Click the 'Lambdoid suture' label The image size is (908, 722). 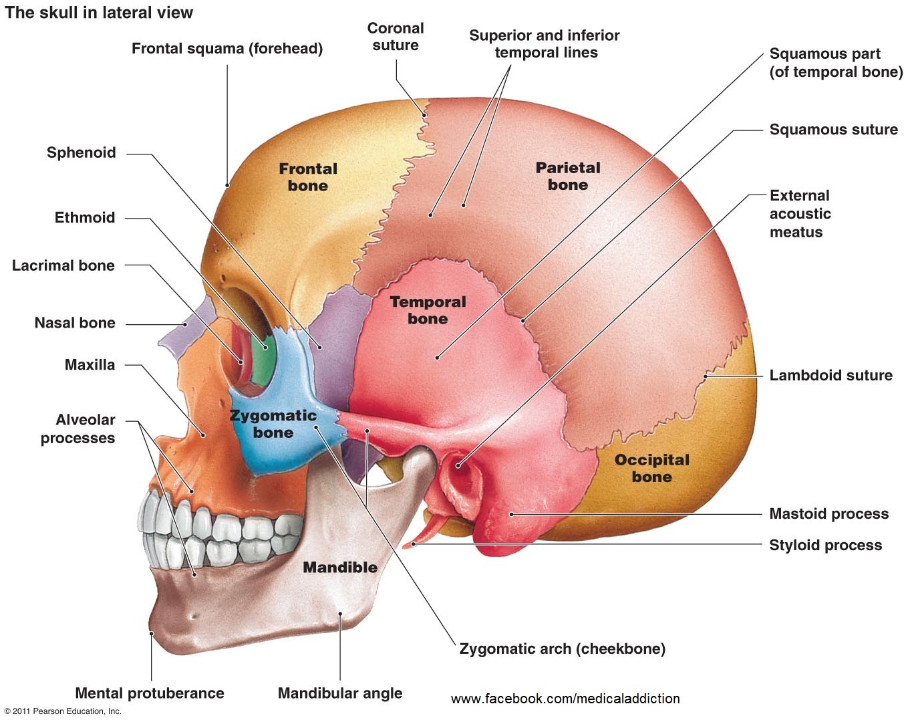[830, 375]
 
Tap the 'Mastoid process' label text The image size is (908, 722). [828, 513]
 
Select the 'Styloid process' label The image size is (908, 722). [825, 545]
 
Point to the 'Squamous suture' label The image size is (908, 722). [833, 129]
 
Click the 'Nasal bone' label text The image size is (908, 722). [75, 323]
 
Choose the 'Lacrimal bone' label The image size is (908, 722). [63, 265]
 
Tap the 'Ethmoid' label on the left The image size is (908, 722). [85, 217]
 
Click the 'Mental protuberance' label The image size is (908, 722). [150, 693]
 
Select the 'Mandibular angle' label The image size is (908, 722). [340, 693]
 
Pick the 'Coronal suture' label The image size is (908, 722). [396, 37]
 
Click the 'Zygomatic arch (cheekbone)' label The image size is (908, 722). [562, 648]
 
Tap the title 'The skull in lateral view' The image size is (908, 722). [99, 12]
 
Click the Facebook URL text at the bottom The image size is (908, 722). [565, 699]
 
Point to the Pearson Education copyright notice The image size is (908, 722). [63, 711]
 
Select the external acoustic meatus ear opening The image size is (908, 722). [458, 465]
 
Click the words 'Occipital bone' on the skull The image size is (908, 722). [651, 468]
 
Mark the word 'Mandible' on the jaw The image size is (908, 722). [340, 567]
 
